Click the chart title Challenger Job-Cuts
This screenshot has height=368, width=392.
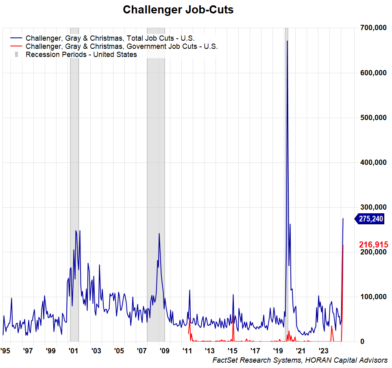click(178, 10)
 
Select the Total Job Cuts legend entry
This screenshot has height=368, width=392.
click(110, 38)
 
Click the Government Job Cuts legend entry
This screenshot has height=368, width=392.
click(121, 46)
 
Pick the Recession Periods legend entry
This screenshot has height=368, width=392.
click(81, 55)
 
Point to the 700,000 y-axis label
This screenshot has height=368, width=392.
click(373, 28)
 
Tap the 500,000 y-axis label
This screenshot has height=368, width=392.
click(373, 118)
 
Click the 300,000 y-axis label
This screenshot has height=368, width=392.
click(373, 207)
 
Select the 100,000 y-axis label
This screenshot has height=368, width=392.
click(373, 297)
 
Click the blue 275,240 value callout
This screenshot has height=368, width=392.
click(370, 219)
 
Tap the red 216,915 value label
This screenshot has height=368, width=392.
click(373, 245)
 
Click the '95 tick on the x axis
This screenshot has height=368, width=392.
click(5, 350)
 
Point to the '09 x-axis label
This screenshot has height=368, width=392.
click(165, 350)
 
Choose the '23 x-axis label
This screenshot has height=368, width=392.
click(324, 350)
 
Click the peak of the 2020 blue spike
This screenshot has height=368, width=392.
click(287, 41)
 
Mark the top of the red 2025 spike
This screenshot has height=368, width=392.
click(343, 245)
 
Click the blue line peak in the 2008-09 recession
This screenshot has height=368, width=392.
click(159, 234)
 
